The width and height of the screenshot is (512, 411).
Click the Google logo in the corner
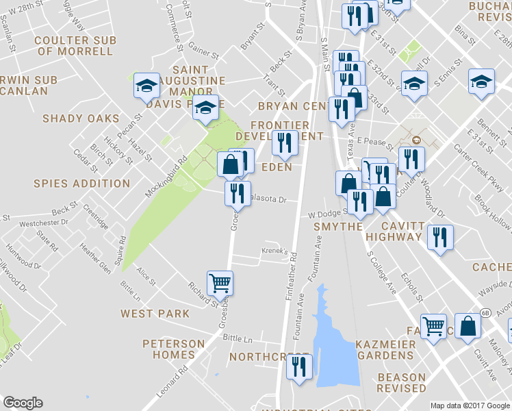click(x=23, y=403)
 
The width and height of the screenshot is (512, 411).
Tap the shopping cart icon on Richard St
click(x=220, y=282)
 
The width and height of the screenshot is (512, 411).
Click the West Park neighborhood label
click(x=155, y=314)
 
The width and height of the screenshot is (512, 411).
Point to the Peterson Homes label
click(x=173, y=349)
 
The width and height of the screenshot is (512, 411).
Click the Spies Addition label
click(x=81, y=184)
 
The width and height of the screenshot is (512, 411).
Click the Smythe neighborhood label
click(x=337, y=227)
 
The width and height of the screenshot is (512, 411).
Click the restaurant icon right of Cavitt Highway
click(x=439, y=237)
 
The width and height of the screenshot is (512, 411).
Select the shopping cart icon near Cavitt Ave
click(x=433, y=327)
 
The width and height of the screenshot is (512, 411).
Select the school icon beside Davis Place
click(x=205, y=108)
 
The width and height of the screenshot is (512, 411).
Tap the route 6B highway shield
click(x=485, y=312)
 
